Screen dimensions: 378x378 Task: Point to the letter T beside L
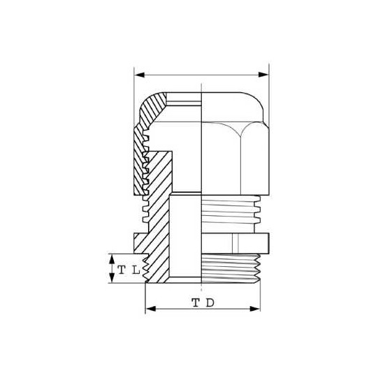pos(122,269)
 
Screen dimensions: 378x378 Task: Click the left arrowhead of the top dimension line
pos(138,73)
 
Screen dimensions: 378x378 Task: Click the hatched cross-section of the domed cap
pos(150,112)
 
